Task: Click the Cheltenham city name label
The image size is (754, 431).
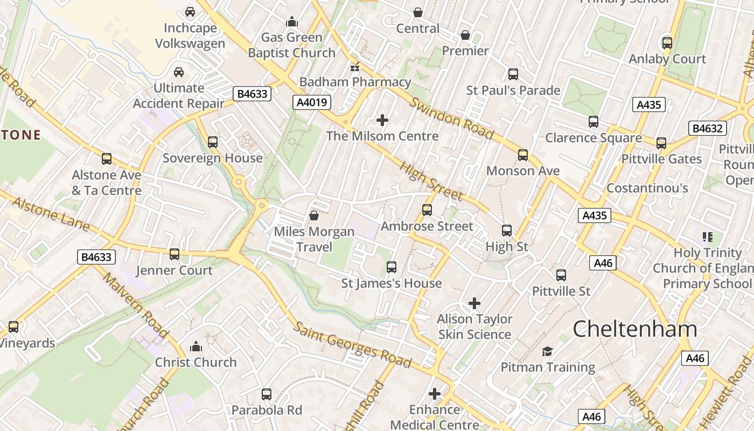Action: pyautogui.click(x=634, y=329)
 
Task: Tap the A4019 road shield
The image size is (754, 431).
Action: pyautogui.click(x=312, y=102)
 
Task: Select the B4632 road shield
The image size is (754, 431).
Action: pyautogui.click(x=707, y=128)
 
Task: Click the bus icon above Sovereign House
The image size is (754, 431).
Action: pyautogui.click(x=213, y=142)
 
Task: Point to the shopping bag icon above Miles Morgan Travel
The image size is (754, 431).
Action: pyautogui.click(x=314, y=216)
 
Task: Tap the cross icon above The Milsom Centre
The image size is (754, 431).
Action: pyautogui.click(x=382, y=120)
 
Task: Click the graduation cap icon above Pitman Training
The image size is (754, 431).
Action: pyautogui.click(x=547, y=352)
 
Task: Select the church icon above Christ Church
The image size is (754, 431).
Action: pyautogui.click(x=196, y=346)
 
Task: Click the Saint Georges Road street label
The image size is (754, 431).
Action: pyautogui.click(x=352, y=344)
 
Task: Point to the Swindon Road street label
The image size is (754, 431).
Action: pyautogui.click(x=451, y=119)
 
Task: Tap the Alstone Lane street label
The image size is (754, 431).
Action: pyautogui.click(x=51, y=214)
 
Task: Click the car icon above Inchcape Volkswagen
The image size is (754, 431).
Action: pyautogui.click(x=190, y=11)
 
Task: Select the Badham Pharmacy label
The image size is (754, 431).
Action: pyautogui.click(x=355, y=82)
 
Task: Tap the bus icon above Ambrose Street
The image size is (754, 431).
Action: pyautogui.click(x=427, y=210)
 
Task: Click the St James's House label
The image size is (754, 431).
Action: pyautogui.click(x=392, y=283)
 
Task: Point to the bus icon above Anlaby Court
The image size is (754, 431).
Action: pyautogui.click(x=667, y=43)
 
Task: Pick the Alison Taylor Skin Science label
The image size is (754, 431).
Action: pyautogui.click(x=474, y=326)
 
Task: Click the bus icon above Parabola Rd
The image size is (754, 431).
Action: pyautogui.click(x=267, y=394)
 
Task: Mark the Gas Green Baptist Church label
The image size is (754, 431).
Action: pyautogui.click(x=291, y=45)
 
